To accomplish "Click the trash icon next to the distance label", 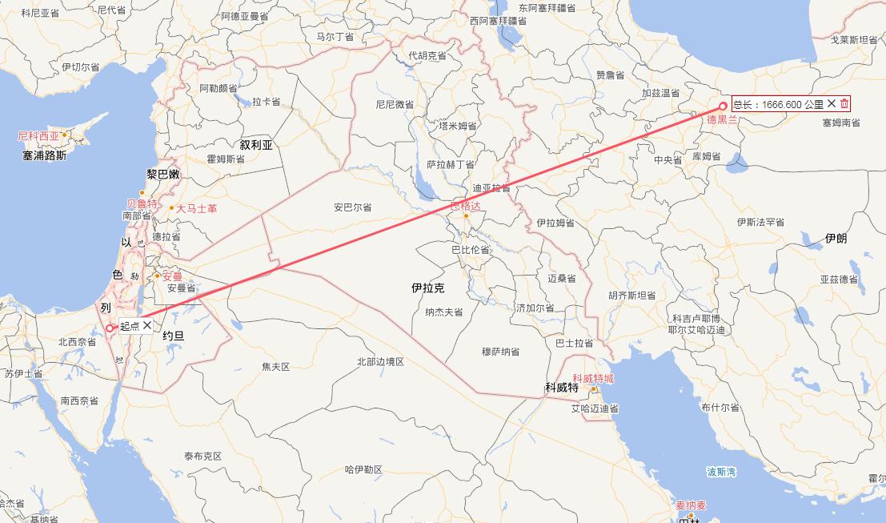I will click(844, 103).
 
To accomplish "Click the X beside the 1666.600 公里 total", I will click(832, 103).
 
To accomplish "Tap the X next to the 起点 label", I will click(147, 325).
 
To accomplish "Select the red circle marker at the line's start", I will click(110, 328).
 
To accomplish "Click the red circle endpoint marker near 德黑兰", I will click(724, 106).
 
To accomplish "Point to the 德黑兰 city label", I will click(723, 120).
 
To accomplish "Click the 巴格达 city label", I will click(466, 206).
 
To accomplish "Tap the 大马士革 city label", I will click(196, 208).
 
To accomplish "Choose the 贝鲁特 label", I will click(142, 203).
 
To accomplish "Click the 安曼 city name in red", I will click(172, 276).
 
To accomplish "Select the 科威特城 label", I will click(593, 379).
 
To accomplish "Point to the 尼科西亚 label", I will click(39, 136).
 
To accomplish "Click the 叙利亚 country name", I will click(256, 145).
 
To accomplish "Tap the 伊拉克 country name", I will click(428, 288).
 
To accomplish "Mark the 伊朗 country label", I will click(836, 239).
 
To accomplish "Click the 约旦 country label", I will click(173, 336).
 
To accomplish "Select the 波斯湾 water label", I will click(721, 472).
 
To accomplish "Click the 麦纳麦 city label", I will click(691, 505).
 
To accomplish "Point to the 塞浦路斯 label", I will click(45, 155).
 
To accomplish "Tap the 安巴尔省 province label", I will click(353, 207).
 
